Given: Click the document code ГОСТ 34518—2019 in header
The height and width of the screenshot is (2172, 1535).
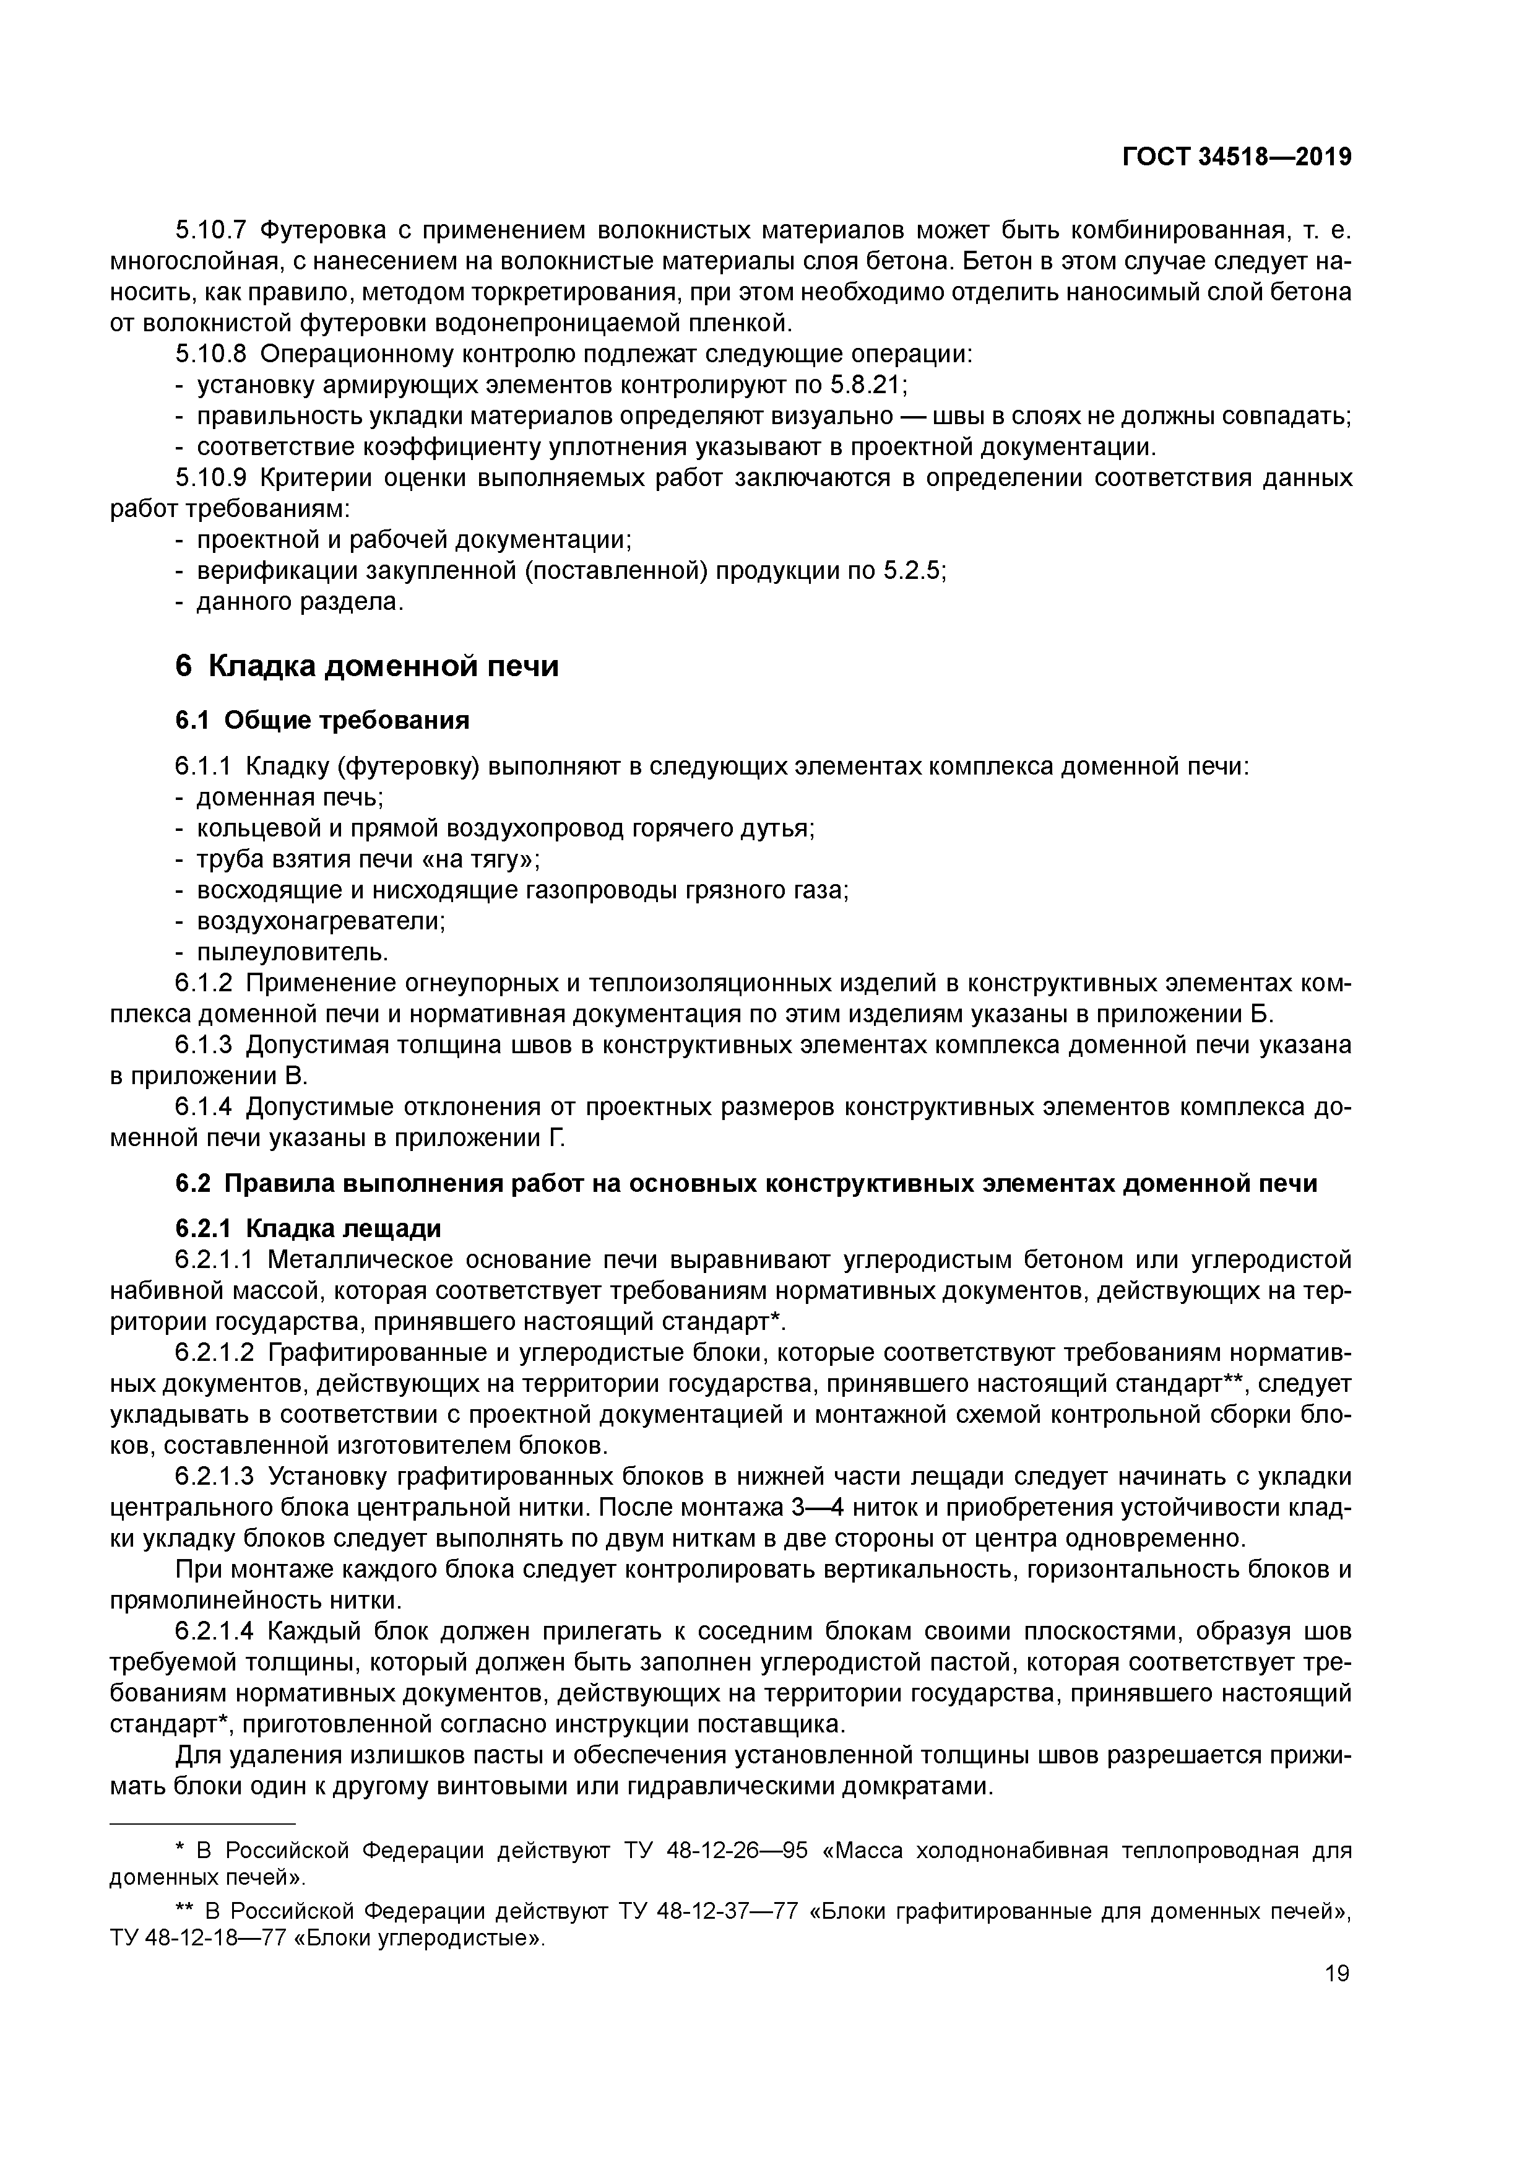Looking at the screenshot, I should [x=1236, y=157].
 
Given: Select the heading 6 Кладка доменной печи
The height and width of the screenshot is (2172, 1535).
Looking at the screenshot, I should [x=367, y=667].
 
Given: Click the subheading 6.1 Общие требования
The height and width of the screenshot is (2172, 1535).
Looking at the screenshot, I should [x=322, y=721].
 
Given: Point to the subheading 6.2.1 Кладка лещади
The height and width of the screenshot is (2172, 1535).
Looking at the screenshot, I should [x=308, y=1229].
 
